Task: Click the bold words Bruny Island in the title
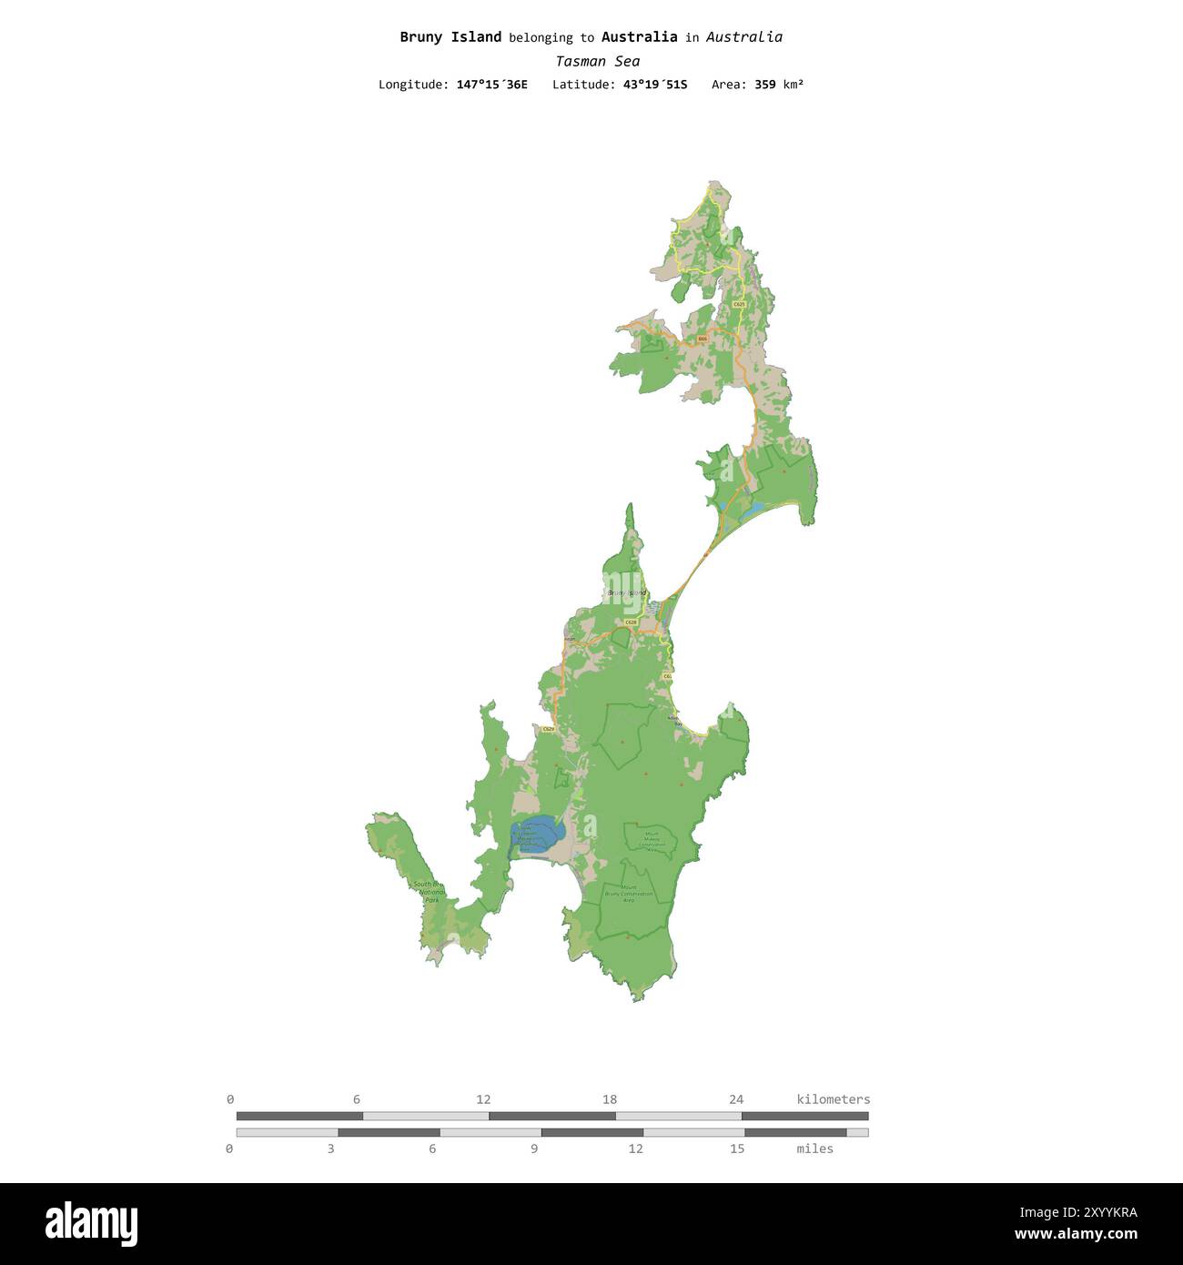click(450, 37)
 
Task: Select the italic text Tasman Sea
click(597, 61)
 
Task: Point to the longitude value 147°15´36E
click(491, 85)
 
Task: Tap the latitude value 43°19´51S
click(655, 85)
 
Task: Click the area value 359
click(765, 85)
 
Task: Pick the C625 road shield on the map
click(738, 304)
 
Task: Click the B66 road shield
click(703, 339)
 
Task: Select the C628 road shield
click(631, 622)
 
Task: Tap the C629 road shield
click(548, 729)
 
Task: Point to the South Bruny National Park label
click(429, 892)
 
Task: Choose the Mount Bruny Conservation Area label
click(629, 893)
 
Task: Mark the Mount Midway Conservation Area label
click(652, 840)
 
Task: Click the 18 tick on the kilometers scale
click(610, 1099)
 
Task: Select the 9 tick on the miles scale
click(534, 1149)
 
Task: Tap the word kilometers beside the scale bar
click(833, 1099)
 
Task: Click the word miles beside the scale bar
click(814, 1149)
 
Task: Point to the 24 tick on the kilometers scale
click(736, 1099)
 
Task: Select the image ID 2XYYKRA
click(1078, 1212)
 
